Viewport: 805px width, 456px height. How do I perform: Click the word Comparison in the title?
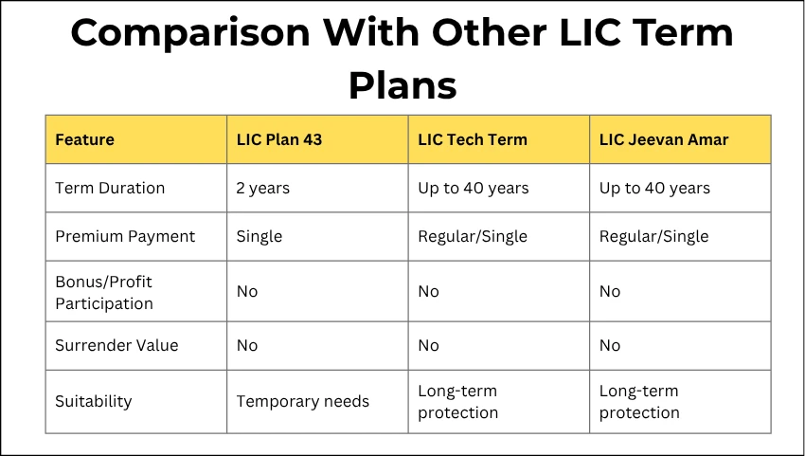(188, 33)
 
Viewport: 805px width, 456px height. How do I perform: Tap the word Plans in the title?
(402, 84)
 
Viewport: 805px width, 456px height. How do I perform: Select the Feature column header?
(84, 139)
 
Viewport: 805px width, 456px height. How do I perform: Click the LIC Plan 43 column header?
(278, 139)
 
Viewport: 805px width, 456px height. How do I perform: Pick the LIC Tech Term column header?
(472, 139)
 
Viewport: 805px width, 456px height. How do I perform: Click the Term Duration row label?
(110, 188)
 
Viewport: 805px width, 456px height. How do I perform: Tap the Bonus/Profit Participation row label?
(103, 292)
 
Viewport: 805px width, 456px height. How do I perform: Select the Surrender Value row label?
(116, 345)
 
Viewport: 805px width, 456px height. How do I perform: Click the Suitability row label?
(94, 401)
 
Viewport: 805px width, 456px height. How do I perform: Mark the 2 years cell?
(262, 188)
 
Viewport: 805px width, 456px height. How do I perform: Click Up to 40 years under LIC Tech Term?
(473, 188)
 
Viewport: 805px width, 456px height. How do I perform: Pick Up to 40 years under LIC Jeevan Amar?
(654, 188)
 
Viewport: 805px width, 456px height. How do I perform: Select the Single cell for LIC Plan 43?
(259, 236)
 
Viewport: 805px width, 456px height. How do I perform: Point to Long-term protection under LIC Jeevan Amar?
(639, 401)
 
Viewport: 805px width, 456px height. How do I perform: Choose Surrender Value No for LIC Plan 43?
(246, 345)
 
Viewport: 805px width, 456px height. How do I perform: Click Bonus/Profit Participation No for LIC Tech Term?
(428, 292)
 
